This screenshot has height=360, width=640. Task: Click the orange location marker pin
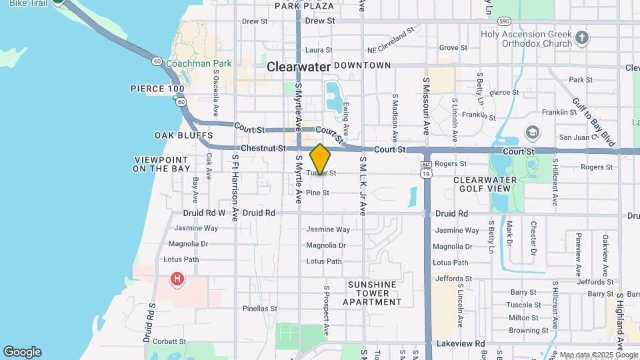(320, 159)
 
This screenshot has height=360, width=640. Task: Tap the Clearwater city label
(299, 67)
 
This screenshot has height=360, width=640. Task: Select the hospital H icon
(177, 279)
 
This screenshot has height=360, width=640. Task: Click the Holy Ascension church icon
(582, 37)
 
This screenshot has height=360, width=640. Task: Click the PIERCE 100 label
(157, 88)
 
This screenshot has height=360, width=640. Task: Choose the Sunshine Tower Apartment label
(372, 293)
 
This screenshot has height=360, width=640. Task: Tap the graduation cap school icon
(531, 131)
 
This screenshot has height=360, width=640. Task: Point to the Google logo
(22, 352)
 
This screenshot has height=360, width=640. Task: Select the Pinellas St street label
(259, 309)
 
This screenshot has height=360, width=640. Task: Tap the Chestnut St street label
(263, 148)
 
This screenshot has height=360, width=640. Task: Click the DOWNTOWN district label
(362, 65)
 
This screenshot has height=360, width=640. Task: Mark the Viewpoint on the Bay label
(161, 164)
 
